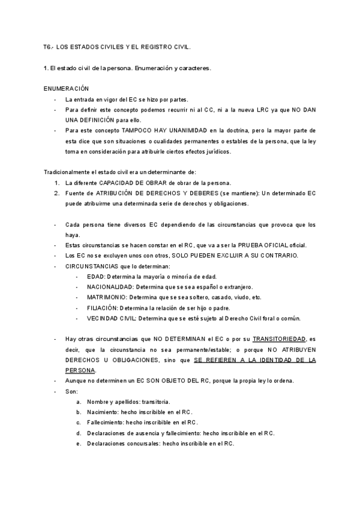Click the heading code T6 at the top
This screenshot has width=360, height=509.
(x=48, y=46)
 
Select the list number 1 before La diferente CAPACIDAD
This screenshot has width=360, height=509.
(x=56, y=182)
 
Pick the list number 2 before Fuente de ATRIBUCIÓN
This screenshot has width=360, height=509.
(x=56, y=193)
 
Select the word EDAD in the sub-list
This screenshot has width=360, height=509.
(x=96, y=276)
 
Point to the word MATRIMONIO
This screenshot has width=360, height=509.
(x=107, y=297)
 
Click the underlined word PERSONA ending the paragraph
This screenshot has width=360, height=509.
(x=80, y=370)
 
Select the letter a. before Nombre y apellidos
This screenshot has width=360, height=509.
(x=79, y=402)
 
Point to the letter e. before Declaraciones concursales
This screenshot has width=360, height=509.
(x=79, y=444)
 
